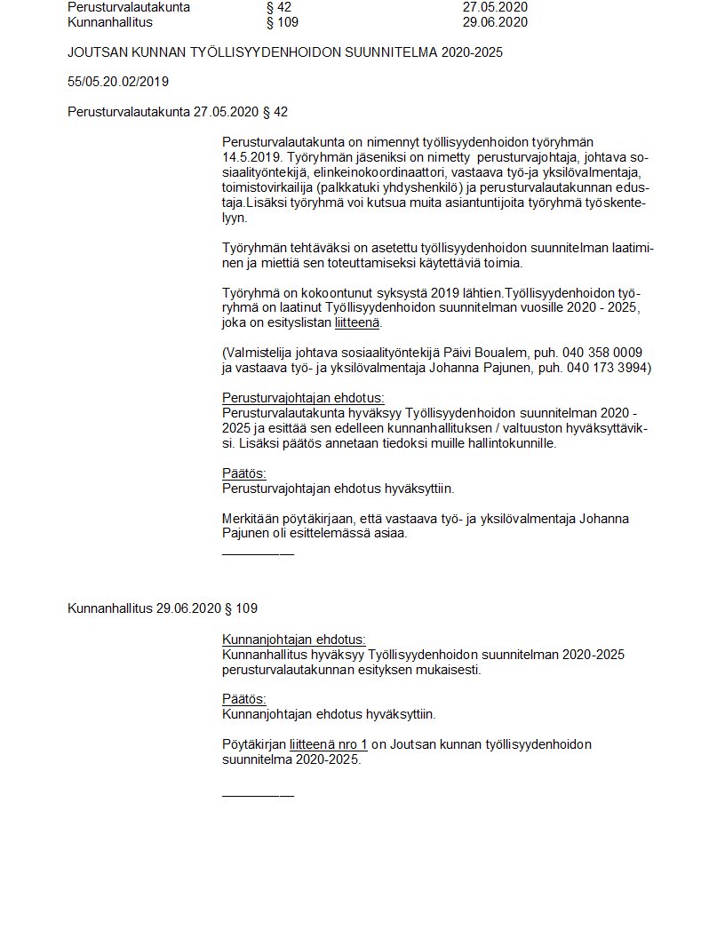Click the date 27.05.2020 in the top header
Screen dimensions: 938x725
pyautogui.click(x=495, y=7)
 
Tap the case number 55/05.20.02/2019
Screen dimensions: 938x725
pyautogui.click(x=118, y=82)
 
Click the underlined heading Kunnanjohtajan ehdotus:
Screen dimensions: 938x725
pyautogui.click(x=293, y=640)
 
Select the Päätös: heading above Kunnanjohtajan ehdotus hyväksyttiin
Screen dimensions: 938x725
pyautogui.click(x=243, y=699)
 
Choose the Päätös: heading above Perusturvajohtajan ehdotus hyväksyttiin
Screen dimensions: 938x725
pyautogui.click(x=243, y=473)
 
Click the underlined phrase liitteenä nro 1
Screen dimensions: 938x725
pyautogui.click(x=328, y=744)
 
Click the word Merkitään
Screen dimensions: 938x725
pyautogui.click(x=251, y=519)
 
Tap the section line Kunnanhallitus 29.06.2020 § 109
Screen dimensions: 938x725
pyautogui.click(x=163, y=608)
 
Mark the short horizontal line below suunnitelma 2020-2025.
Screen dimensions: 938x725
pyautogui.click(x=257, y=795)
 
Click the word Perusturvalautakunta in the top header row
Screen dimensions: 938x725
pyautogui.click(x=129, y=7)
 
